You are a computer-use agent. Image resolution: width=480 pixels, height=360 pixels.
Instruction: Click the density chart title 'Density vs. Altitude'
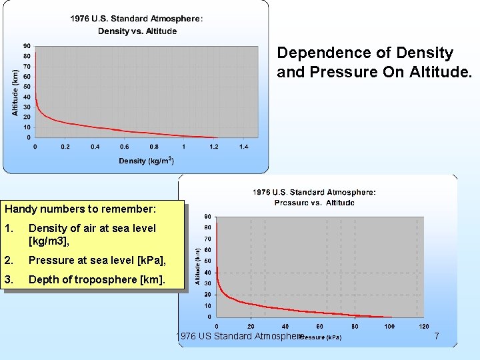(137, 31)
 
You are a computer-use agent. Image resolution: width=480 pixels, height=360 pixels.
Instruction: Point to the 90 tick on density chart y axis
(26, 46)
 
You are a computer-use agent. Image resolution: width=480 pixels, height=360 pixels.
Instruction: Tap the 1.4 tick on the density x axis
(243, 147)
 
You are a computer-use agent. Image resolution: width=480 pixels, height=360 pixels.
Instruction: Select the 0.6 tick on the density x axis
(125, 147)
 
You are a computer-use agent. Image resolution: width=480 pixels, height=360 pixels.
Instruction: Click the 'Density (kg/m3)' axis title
(146, 161)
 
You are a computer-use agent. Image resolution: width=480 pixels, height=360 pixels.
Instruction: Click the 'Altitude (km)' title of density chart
(15, 93)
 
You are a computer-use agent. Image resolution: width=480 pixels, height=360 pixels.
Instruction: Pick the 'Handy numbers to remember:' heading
(81, 209)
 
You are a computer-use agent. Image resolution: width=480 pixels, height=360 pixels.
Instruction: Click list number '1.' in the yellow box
(9, 228)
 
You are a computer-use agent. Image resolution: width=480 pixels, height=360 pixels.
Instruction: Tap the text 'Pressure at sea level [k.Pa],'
(97, 260)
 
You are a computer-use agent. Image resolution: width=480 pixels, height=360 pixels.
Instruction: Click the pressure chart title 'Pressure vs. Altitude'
(314, 203)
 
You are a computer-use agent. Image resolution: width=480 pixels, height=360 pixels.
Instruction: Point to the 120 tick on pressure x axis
(424, 326)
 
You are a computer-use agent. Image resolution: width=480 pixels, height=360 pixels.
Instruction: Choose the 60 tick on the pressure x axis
(320, 326)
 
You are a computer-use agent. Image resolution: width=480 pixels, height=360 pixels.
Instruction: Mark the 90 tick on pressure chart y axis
(208, 217)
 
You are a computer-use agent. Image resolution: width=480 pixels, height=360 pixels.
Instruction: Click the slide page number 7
(437, 337)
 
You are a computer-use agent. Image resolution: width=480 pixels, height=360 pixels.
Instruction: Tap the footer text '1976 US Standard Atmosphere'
(239, 336)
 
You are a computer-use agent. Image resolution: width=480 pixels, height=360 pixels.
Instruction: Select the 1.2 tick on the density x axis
(213, 147)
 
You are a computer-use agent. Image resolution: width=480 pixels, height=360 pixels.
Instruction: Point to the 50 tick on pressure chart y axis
(208, 261)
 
